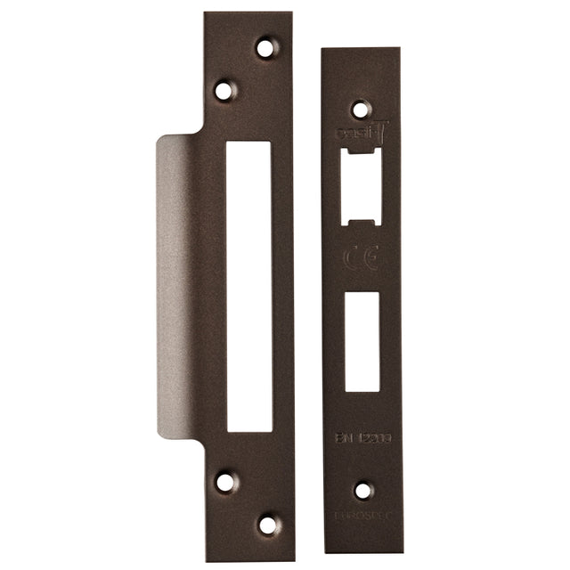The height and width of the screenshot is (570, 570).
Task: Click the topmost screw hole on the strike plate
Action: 265,47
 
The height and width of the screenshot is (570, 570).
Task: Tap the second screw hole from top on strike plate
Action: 224,90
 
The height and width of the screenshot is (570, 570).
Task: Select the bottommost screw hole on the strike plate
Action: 267,524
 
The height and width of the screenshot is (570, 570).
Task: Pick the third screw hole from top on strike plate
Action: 225,482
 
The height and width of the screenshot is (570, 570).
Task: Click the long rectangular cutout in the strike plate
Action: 248,286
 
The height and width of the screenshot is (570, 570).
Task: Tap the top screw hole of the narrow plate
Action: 360,110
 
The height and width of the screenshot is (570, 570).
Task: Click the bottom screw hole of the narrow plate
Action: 362,490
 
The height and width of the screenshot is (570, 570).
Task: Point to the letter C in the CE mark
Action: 352,258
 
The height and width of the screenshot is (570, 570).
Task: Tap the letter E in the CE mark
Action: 371,258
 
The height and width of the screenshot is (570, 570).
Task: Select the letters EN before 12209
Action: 343,438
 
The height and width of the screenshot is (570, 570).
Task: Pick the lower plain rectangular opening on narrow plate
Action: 362,341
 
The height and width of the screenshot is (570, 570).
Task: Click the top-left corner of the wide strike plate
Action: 206,14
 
